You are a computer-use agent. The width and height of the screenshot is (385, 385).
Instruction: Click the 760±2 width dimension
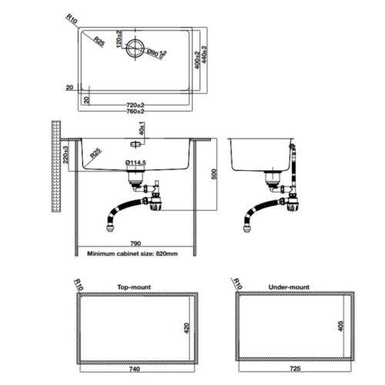(x=136, y=112)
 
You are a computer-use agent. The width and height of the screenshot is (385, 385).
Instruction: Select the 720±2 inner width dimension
(x=136, y=105)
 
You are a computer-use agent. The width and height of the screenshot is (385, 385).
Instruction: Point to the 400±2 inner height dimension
(x=197, y=60)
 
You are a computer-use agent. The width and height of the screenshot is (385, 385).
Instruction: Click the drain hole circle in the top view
(x=136, y=48)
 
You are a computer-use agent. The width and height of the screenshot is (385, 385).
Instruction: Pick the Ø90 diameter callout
(x=156, y=53)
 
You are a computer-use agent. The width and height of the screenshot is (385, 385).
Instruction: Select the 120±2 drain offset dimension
(x=119, y=39)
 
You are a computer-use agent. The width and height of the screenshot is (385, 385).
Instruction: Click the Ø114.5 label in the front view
(x=136, y=162)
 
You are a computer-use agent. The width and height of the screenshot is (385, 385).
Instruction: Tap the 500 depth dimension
(x=215, y=174)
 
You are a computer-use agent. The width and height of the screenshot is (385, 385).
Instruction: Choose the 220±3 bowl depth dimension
(x=65, y=155)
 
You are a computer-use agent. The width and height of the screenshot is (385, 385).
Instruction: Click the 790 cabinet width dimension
(x=136, y=243)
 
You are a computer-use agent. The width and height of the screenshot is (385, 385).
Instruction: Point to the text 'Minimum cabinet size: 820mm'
(x=132, y=254)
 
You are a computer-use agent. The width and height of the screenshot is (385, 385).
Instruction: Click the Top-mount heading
(x=134, y=287)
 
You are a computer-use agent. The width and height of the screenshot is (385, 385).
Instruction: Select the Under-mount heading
(x=289, y=287)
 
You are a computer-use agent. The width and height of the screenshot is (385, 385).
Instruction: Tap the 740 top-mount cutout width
(x=135, y=369)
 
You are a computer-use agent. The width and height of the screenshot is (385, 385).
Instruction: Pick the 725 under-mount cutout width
(x=295, y=369)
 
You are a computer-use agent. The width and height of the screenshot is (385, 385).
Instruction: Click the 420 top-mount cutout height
(x=187, y=328)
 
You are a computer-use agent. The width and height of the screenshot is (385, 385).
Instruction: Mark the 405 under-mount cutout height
(x=340, y=326)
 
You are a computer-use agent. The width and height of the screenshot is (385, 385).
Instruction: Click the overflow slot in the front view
(x=136, y=144)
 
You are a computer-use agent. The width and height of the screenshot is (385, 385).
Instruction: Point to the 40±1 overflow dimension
(x=142, y=129)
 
